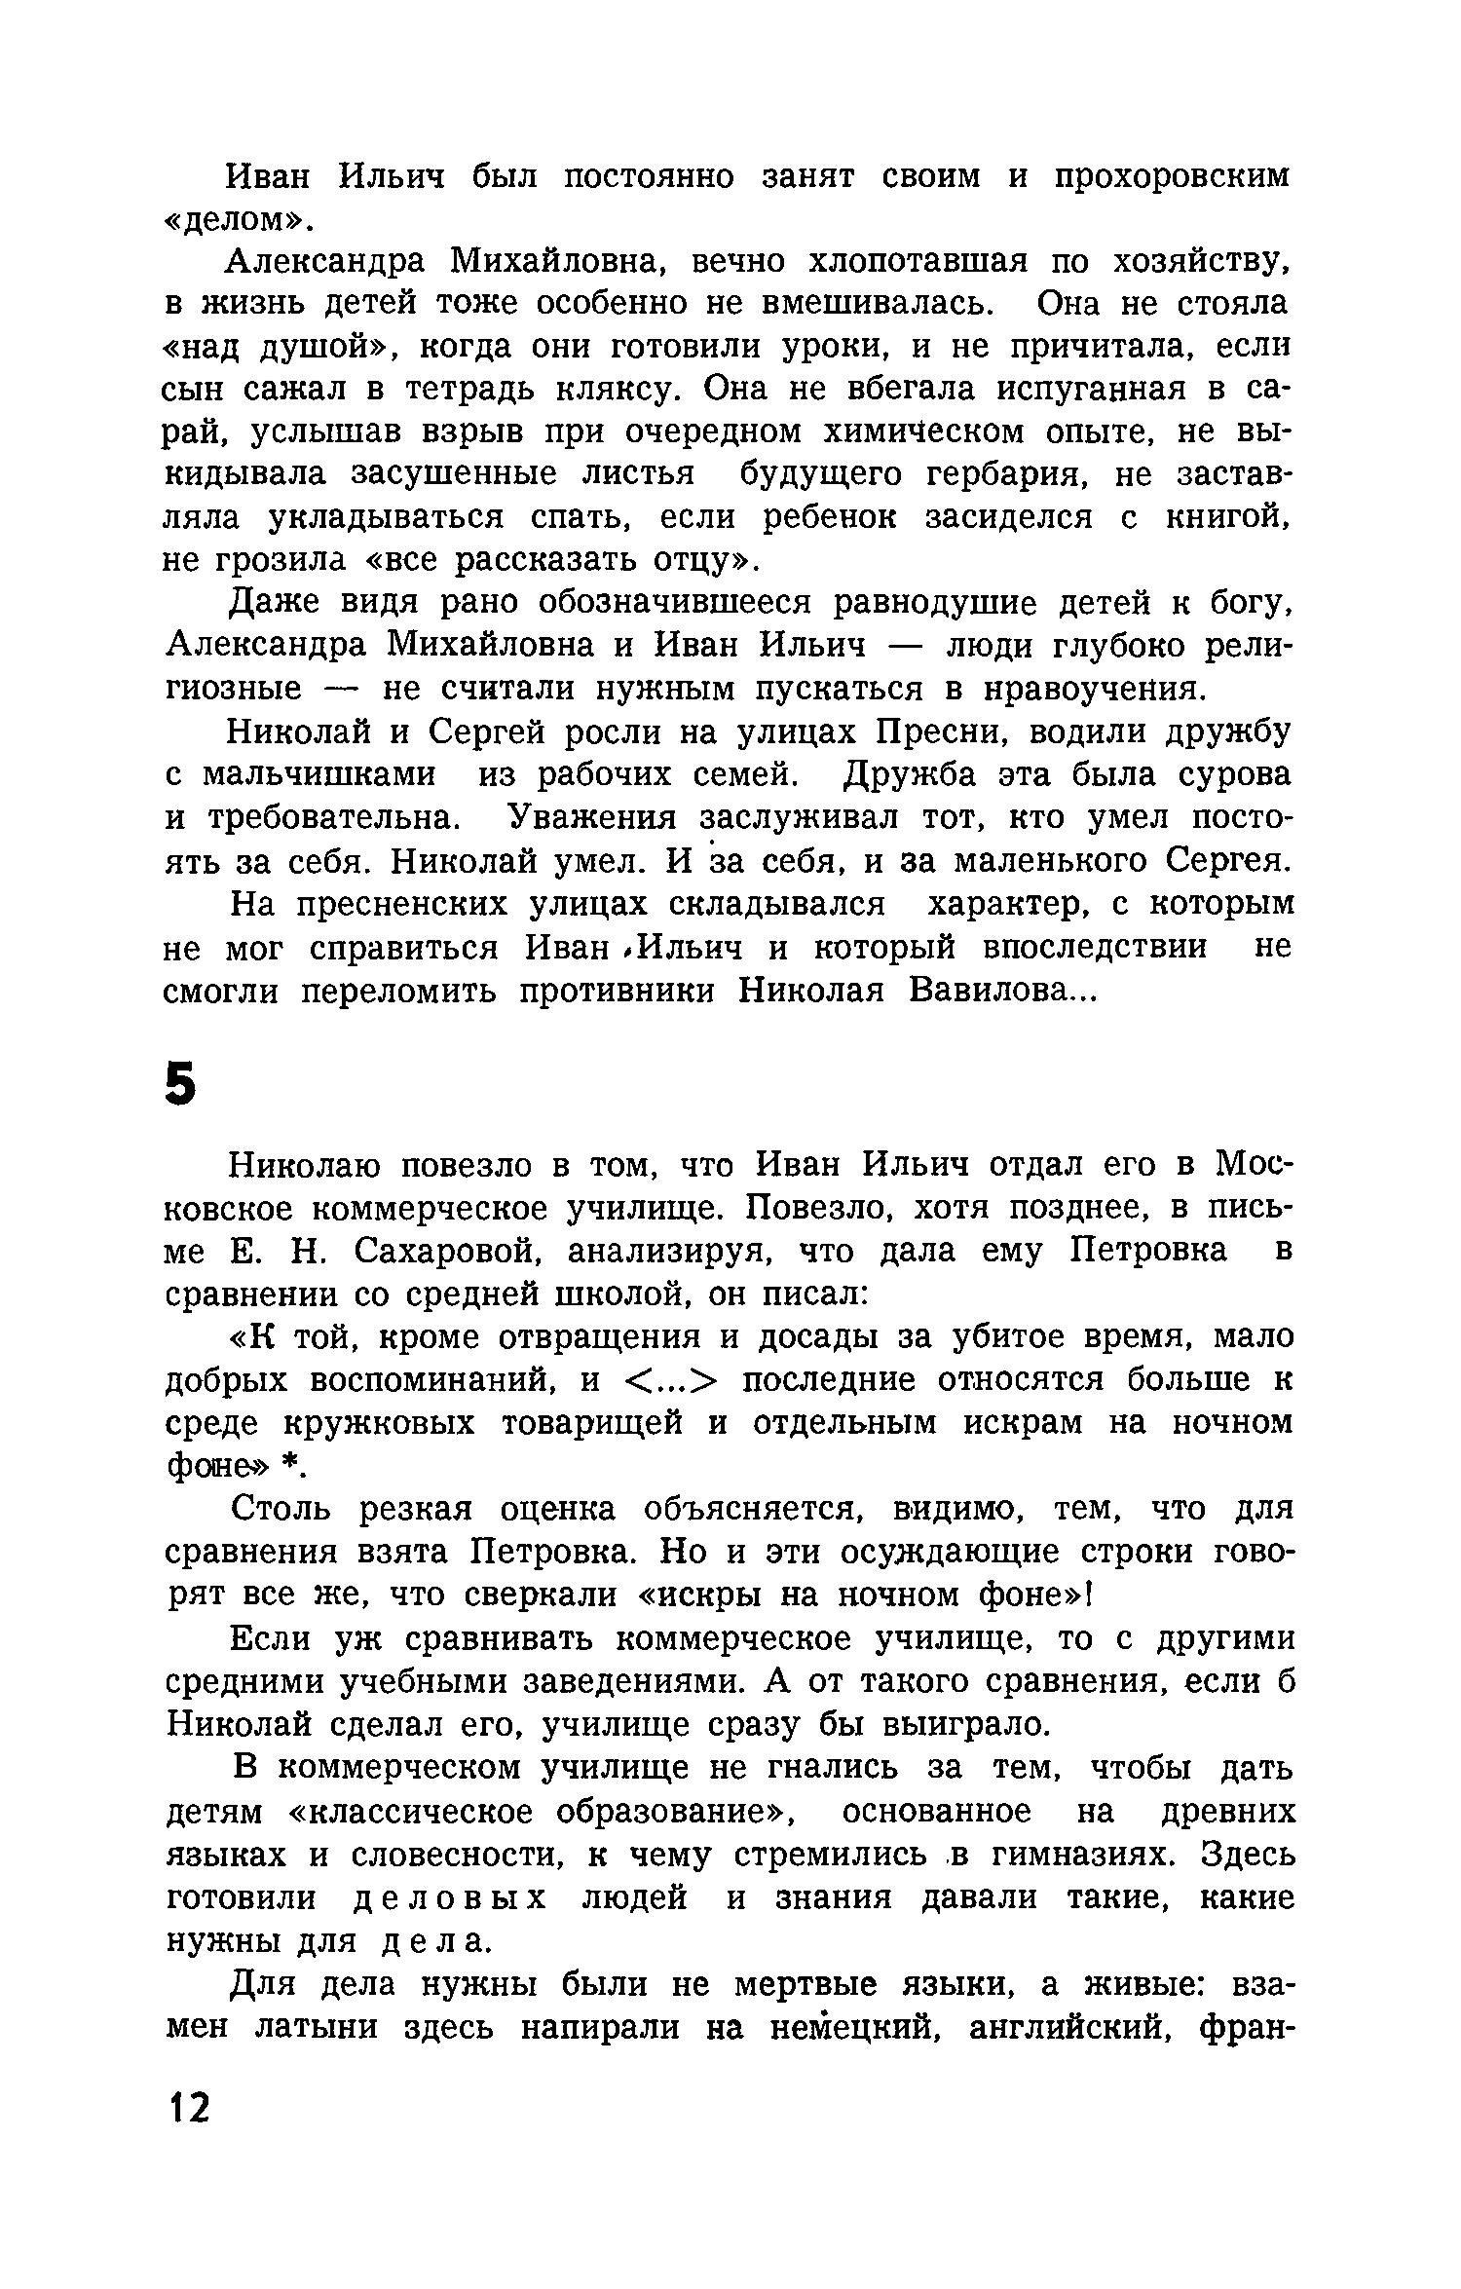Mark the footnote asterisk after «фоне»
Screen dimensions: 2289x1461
[x=288, y=1467]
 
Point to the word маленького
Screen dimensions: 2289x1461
[x=1051, y=861]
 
